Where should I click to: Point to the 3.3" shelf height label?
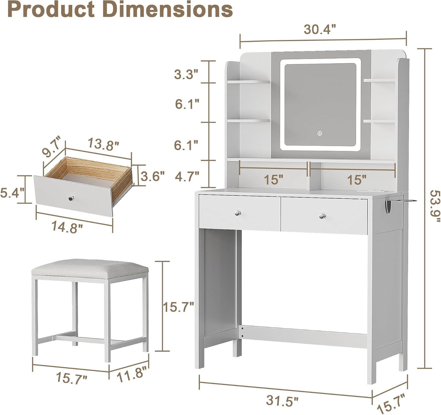(x=186, y=74)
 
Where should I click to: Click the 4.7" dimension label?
(x=187, y=176)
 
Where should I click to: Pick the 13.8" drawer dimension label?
(x=103, y=144)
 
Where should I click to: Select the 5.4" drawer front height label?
(x=12, y=193)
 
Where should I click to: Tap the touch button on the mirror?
(x=320, y=133)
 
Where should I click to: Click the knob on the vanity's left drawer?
(x=237, y=213)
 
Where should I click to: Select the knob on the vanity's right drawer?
(x=321, y=216)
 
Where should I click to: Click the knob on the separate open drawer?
(x=70, y=199)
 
